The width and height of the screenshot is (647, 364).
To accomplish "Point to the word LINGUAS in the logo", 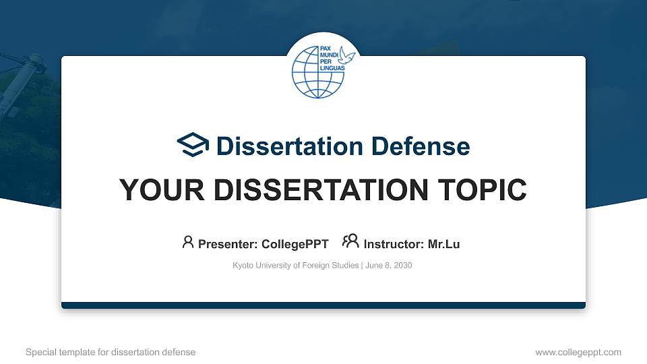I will (332, 68).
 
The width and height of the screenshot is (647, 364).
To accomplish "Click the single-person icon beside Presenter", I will (188, 242).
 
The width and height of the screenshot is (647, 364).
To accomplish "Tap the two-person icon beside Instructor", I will (350, 241).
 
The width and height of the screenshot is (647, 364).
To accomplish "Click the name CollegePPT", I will (295, 244).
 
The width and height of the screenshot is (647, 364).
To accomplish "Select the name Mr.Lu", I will (443, 244).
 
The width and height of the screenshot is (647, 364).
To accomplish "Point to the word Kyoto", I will (243, 266).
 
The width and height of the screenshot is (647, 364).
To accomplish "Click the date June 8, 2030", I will (389, 266).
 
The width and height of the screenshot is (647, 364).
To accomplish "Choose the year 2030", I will (402, 266).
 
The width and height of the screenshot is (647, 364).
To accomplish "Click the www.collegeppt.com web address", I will (578, 352).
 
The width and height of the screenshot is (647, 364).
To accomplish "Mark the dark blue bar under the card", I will (323, 305).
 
